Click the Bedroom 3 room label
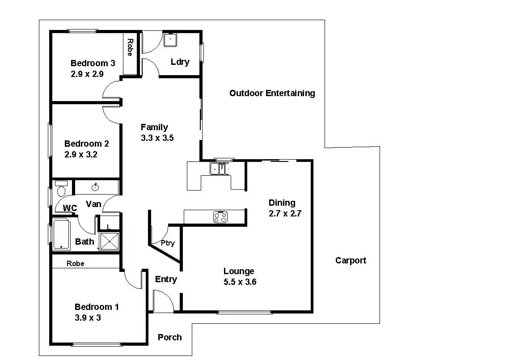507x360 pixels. pyautogui.click(x=93, y=63)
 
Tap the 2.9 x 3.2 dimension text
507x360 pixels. pyautogui.click(x=81, y=155)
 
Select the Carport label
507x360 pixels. pyautogui.click(x=351, y=260)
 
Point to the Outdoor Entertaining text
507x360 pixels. pyautogui.click(x=272, y=93)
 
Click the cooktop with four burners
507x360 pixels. pyautogui.click(x=220, y=217)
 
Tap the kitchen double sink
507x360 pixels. pyautogui.click(x=220, y=169)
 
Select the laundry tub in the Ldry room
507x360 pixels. pyautogui.click(x=170, y=40)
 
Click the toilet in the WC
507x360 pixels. pyautogui.click(x=61, y=189)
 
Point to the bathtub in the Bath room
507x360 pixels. pyautogui.click(x=61, y=234)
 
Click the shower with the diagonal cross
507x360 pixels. pyautogui.click(x=110, y=241)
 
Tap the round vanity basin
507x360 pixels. pyautogui.click(x=95, y=187)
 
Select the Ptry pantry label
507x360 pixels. pyautogui.click(x=168, y=243)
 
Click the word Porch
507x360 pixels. pyautogui.click(x=170, y=337)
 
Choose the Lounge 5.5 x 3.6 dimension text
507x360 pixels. pyautogui.click(x=240, y=282)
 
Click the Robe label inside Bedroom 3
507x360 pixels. pyautogui.click(x=130, y=47)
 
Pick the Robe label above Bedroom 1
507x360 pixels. pyautogui.click(x=76, y=263)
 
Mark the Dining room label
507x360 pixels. pyautogui.click(x=282, y=203)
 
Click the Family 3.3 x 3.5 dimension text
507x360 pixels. pyautogui.click(x=157, y=138)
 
